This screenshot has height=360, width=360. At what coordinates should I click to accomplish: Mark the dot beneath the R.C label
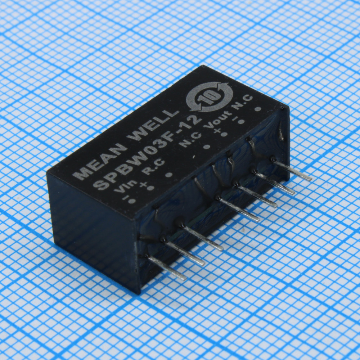[x=169, y=175]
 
